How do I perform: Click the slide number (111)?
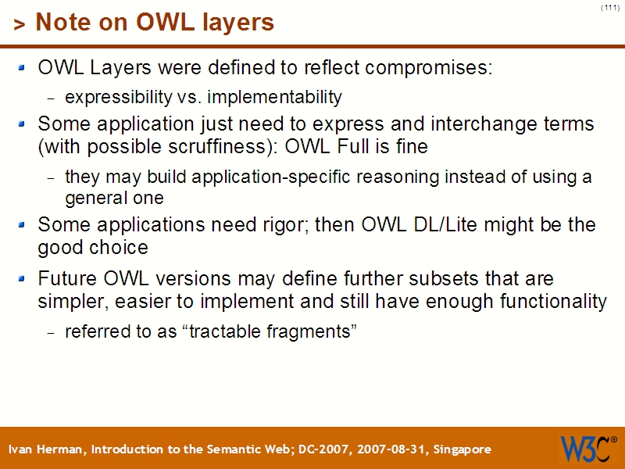point(610,8)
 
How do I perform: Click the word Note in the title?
point(60,23)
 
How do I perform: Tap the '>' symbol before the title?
point(19,24)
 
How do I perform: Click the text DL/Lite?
point(438,225)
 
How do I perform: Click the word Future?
point(66,279)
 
